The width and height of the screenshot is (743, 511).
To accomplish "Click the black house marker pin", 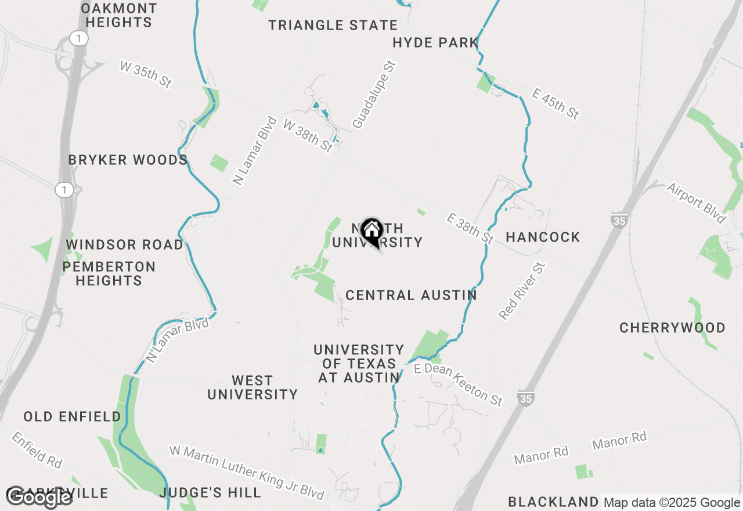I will click(x=371, y=231).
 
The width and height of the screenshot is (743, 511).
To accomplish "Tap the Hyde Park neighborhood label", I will click(x=435, y=42).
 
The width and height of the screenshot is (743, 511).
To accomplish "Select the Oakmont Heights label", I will click(x=119, y=16).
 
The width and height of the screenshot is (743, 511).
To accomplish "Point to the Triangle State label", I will click(x=333, y=25).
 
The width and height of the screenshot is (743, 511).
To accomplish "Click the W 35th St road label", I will click(x=146, y=74).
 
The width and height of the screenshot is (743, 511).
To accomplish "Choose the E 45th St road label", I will click(x=556, y=103).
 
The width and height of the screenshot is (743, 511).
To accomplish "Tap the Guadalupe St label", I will click(x=374, y=94).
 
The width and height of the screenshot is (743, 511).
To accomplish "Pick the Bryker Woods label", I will click(x=128, y=160).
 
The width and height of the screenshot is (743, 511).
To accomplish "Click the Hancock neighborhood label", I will click(x=543, y=237).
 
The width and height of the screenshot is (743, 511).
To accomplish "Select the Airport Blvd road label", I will click(x=696, y=203).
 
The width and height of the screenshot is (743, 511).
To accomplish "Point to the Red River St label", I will click(x=522, y=292).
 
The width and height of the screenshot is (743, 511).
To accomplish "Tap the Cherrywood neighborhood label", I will click(x=672, y=328).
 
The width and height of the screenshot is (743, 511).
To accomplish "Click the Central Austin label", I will click(x=411, y=295).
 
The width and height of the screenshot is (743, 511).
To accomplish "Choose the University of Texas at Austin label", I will click(x=359, y=364).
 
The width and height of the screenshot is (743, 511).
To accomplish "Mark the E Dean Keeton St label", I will click(x=458, y=384).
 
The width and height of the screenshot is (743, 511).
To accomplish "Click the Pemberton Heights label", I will click(x=109, y=274).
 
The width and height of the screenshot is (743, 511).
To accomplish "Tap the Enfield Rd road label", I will click(x=36, y=450).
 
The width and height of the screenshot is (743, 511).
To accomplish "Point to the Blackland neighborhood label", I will click(x=553, y=502).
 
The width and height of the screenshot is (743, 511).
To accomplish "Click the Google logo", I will click(x=39, y=497).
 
